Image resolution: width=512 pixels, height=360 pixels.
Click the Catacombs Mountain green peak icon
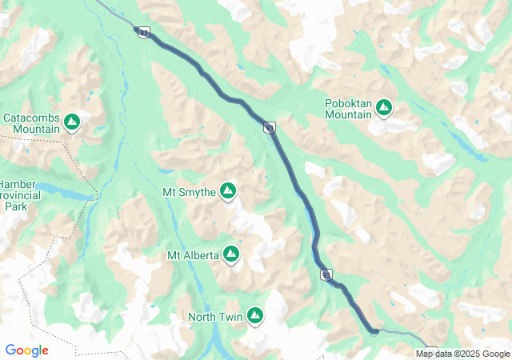pyautogui.click(x=72, y=122)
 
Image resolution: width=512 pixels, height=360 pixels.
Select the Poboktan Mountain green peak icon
pyautogui.click(x=384, y=106)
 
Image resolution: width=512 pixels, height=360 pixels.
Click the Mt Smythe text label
pyautogui.click(x=189, y=192)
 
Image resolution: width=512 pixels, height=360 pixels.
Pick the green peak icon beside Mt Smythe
pyautogui.click(x=228, y=190)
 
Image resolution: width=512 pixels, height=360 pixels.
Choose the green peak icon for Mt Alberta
pyautogui.click(x=231, y=254)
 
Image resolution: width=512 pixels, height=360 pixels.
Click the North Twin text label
pyautogui.click(x=214, y=317)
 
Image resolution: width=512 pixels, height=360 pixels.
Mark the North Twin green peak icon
pyautogui.click(x=255, y=315)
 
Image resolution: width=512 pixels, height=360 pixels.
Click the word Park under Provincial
pyautogui.click(x=15, y=206)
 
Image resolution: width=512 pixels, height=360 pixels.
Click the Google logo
pyautogui.click(x=26, y=350)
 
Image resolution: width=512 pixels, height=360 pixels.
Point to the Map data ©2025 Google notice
pyautogui.click(x=462, y=354)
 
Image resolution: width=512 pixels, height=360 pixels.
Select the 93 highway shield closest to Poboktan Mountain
pyautogui.click(x=270, y=128)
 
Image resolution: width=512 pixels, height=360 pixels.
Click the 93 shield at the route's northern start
pyautogui.click(x=143, y=32)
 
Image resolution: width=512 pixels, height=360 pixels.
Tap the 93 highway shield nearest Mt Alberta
pyautogui.click(x=326, y=274)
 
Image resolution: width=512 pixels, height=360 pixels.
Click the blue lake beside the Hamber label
pyautogui.click(x=64, y=193)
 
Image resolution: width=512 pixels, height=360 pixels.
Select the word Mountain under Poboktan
pyautogui.click(x=348, y=114)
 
